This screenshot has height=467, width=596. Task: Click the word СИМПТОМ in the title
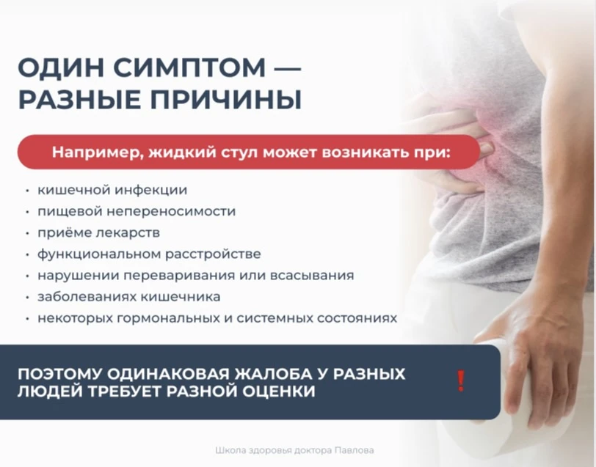tap(189, 67)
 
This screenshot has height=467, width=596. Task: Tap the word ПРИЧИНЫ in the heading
tap(226, 100)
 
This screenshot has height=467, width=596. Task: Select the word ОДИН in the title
tap(61, 67)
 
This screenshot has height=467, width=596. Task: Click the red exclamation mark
tap(461, 380)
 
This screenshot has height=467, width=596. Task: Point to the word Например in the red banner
tap(97, 152)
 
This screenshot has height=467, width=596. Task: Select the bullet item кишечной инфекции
tap(112, 190)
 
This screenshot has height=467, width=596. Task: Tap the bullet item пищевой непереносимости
tap(137, 211)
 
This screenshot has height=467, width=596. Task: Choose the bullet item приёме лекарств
tap(98, 232)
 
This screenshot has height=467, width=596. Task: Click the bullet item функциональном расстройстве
tap(149, 254)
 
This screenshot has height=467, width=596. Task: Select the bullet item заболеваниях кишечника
tap(129, 296)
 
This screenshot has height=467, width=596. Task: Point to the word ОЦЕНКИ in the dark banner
tap(279, 391)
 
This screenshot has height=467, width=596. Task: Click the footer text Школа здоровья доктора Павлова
tap(294, 450)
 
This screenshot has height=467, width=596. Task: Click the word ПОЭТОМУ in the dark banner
tap(59, 374)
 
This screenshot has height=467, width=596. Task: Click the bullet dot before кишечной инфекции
tap(27, 191)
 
